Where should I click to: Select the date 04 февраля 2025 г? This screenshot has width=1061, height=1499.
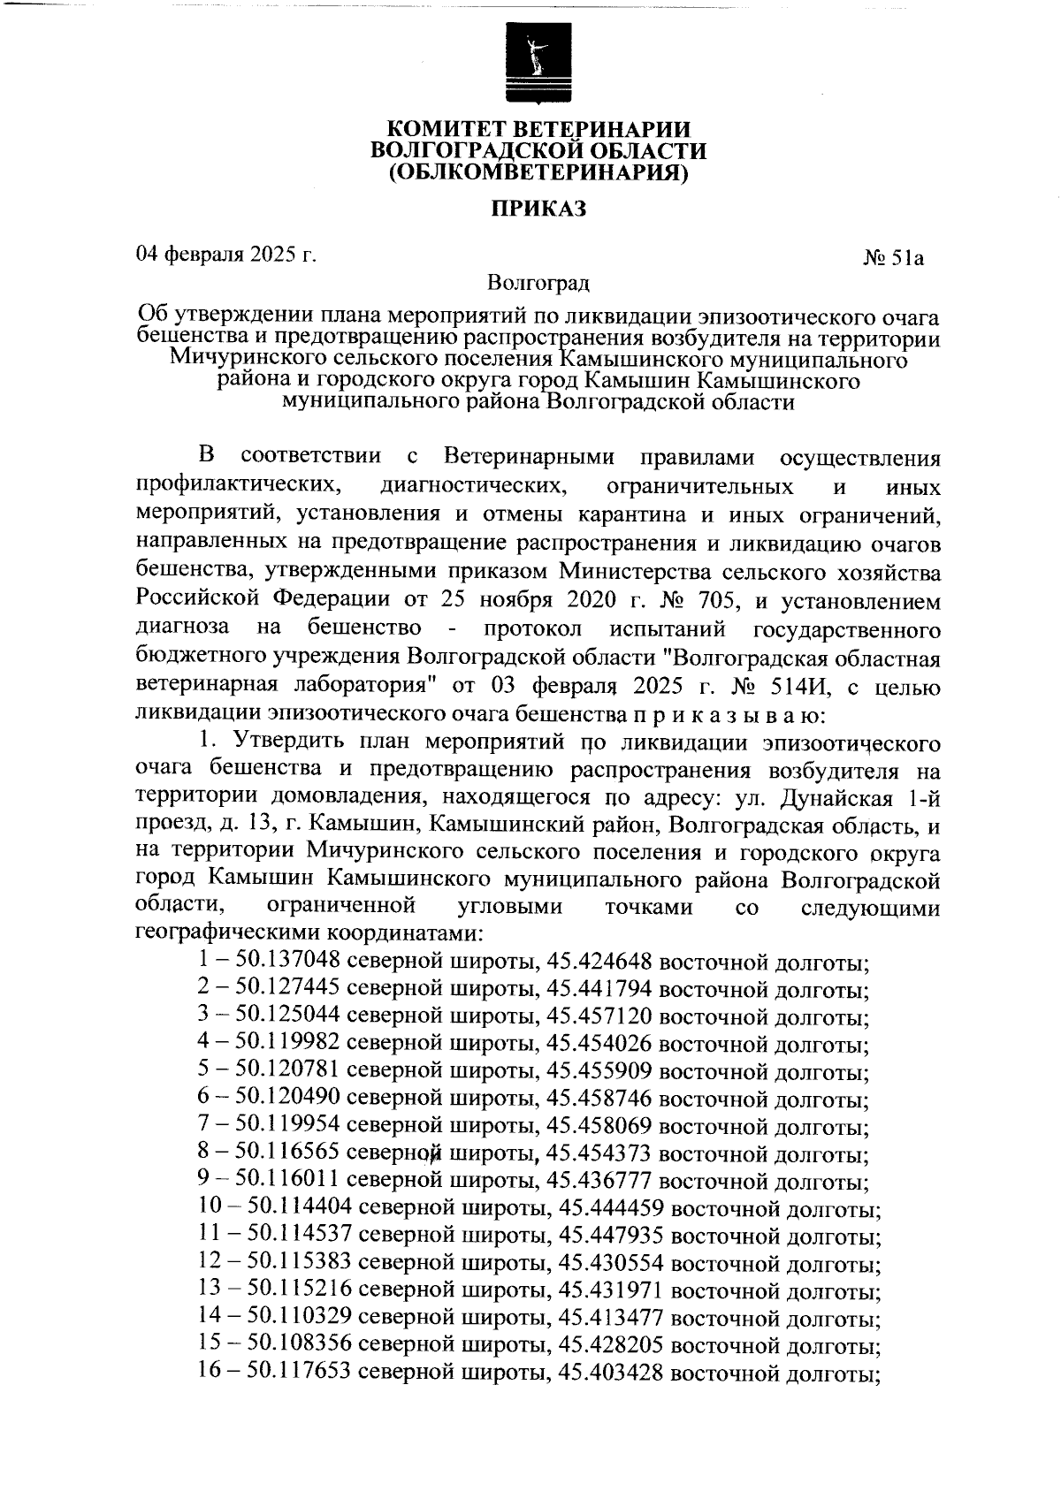point(225,255)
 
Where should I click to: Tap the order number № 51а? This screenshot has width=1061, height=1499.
point(894,258)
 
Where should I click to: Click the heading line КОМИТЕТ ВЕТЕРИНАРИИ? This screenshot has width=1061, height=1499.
point(539,129)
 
